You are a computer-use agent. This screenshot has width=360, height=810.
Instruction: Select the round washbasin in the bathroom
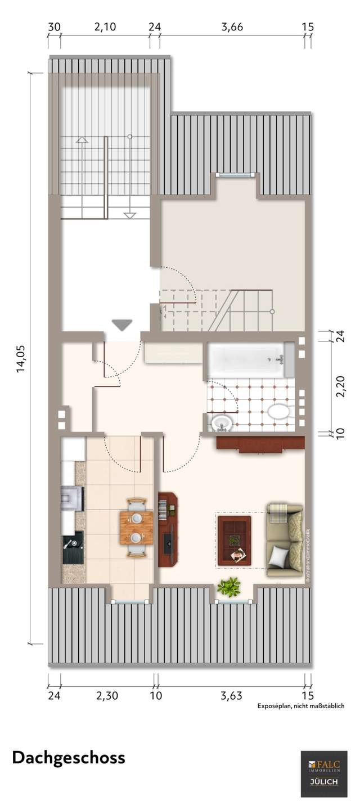coord(222,422)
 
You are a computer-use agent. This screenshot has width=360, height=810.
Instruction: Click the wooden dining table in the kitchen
coord(136,528)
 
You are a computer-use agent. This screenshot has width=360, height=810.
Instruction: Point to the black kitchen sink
coord(73,547)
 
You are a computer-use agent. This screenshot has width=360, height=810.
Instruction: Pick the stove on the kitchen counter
coord(73,498)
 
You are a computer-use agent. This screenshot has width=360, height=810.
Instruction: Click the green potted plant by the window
coord(228,587)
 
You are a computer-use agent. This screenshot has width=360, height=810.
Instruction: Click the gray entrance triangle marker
coord(122,325)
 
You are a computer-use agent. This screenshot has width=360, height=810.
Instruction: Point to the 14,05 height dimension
coord(21,359)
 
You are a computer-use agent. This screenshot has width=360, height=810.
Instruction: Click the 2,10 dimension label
coord(105,27)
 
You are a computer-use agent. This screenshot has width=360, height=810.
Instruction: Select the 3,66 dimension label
coord(232,27)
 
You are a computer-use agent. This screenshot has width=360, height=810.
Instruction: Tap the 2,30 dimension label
coord(107,696)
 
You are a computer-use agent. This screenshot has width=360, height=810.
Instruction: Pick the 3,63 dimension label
coord(231,696)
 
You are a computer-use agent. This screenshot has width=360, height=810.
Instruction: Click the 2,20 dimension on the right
coord(340,386)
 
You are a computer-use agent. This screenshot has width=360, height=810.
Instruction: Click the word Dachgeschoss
coord(69,758)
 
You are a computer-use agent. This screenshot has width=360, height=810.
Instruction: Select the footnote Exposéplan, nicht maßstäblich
coord(301,706)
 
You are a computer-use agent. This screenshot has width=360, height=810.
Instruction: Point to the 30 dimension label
coord(54,27)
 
